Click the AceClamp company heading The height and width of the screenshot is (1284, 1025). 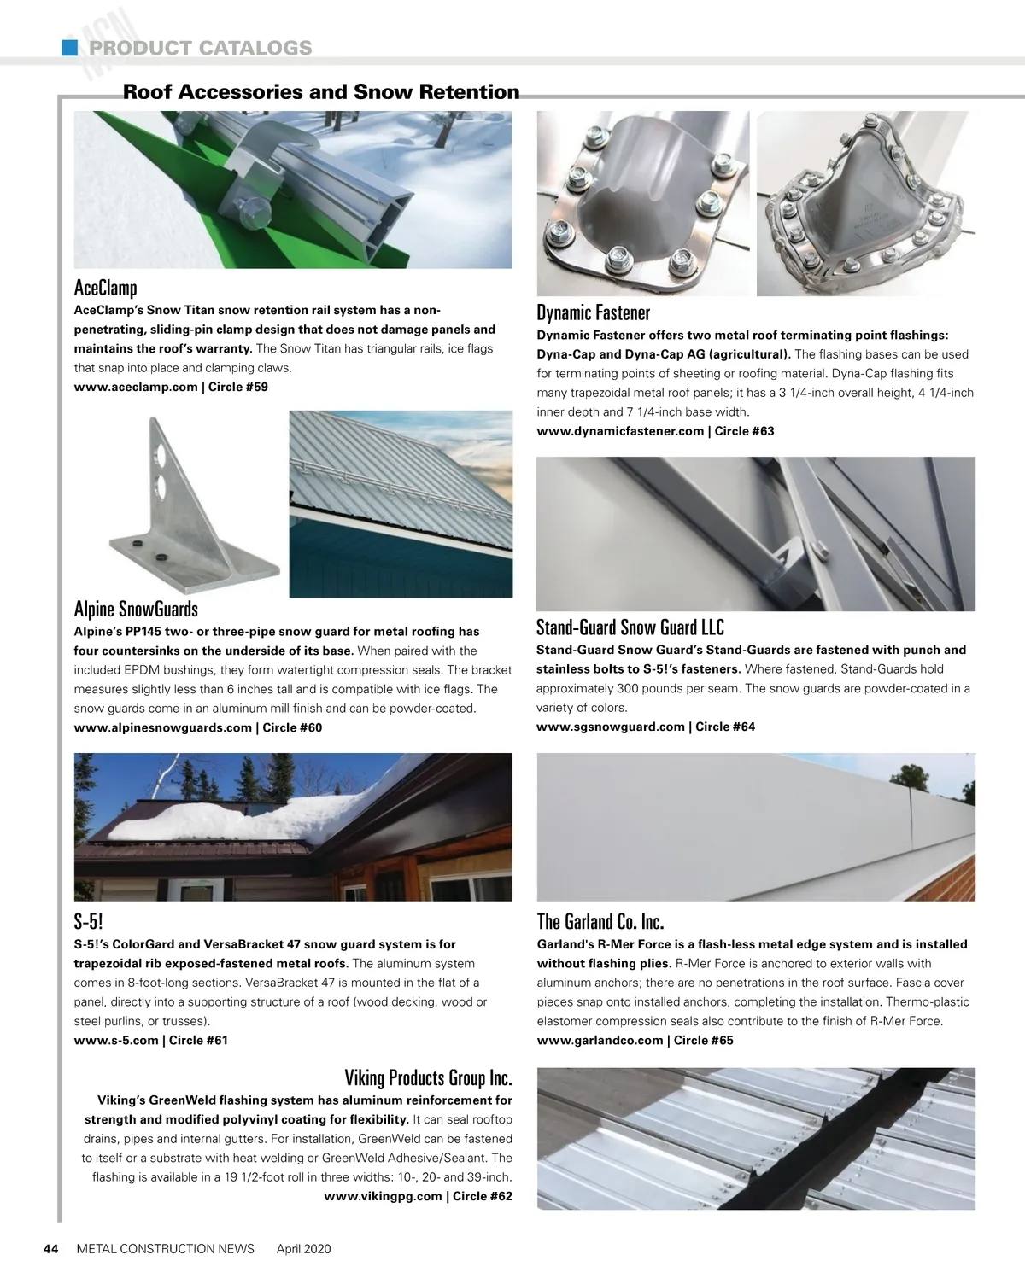[x=106, y=288]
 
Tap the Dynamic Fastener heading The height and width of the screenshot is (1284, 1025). [x=593, y=312]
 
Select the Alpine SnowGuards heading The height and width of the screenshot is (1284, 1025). [x=136, y=609]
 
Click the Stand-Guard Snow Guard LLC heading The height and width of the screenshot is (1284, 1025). [x=630, y=627]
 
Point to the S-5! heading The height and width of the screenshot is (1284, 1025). [x=89, y=922]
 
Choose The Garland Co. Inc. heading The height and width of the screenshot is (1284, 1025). [x=600, y=922]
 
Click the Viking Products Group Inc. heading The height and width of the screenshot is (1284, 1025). [x=428, y=1077]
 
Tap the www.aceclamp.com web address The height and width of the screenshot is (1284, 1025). [x=136, y=387]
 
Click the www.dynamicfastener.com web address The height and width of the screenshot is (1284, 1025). [x=620, y=431]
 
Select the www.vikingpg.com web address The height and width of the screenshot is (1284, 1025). [x=383, y=1196]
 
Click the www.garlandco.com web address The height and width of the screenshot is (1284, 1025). [x=600, y=1040]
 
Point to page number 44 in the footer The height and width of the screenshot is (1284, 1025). [x=50, y=1249]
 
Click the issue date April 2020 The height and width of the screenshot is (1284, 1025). [x=303, y=1249]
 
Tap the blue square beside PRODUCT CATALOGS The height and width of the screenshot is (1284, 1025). [x=70, y=48]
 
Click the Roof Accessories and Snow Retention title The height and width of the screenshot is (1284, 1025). [x=321, y=92]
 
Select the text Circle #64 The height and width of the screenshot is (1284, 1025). [x=725, y=727]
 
